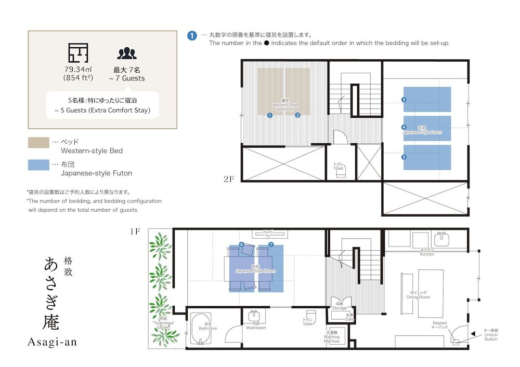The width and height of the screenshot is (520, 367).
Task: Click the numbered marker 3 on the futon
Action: tap(404, 99)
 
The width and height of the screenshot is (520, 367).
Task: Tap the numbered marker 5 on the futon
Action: tap(404, 156)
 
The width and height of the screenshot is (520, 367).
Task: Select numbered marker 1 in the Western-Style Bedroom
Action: tap(269, 115)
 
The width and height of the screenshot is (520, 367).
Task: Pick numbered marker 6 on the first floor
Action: tap(241, 244)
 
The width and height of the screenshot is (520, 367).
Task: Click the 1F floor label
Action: tap(135, 232)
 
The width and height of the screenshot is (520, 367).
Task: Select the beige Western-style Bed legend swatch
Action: tap(38, 143)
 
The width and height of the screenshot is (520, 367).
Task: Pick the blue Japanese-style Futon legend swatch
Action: tap(38, 165)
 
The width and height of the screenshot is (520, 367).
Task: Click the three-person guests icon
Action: tap(126, 53)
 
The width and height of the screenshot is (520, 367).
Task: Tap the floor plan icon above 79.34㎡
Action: tap(78, 53)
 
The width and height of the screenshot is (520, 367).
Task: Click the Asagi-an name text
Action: tap(51, 342)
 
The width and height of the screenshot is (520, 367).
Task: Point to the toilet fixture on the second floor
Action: tap(340, 172)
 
